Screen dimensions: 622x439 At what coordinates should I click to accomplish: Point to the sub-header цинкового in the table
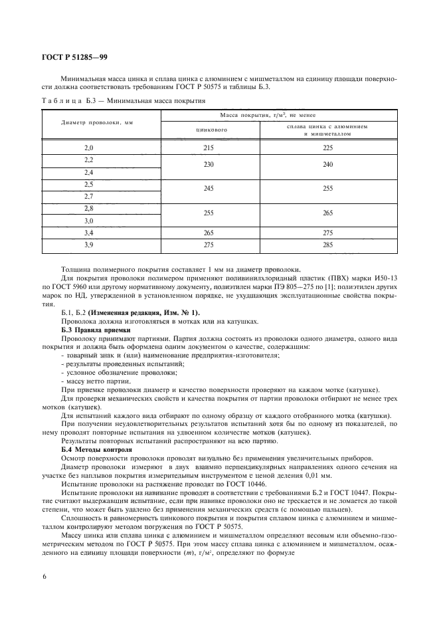pos(211,130)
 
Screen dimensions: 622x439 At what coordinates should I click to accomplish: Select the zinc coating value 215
pos(211,148)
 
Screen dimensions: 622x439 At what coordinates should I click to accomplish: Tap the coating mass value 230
pos(211,164)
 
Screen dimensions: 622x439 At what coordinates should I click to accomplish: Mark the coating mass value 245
pos(211,189)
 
